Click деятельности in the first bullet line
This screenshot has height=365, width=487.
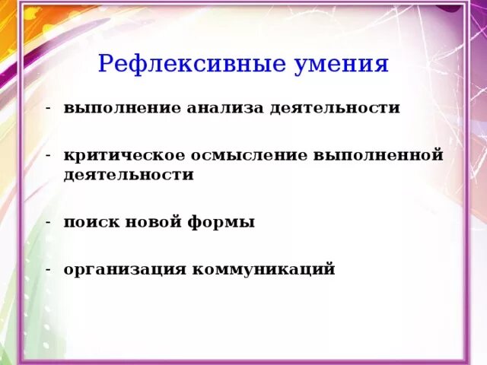333,108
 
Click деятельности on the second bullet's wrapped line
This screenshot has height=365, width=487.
129,175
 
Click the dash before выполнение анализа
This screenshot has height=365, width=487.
48,107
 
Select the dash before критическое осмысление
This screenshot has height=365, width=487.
48,154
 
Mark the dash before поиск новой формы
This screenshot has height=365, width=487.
48,222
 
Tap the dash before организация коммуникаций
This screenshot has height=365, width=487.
48,269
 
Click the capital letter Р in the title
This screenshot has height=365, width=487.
107,63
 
